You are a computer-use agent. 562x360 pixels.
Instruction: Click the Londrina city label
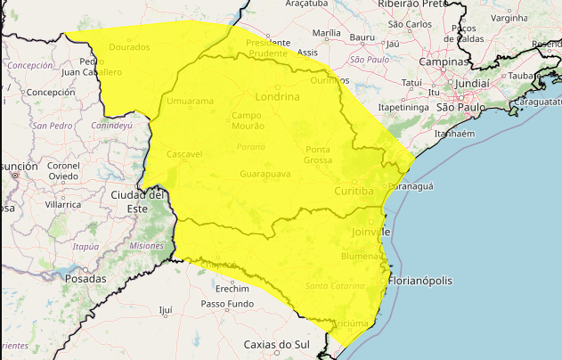tap(280, 96)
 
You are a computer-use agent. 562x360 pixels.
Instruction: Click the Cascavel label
tap(184, 154)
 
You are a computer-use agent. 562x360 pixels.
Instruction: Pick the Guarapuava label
tap(265, 174)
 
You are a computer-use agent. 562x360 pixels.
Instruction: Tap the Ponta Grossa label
tap(318, 154)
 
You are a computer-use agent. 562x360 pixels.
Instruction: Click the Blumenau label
tap(361, 256)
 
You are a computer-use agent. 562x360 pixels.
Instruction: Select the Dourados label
tap(129, 46)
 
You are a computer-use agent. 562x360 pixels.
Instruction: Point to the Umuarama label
tap(190, 101)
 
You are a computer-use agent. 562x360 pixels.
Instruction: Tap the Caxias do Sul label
tap(276, 344)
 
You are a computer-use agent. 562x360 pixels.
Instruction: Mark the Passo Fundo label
tap(227, 304)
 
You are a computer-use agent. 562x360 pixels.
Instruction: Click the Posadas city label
tap(86, 279)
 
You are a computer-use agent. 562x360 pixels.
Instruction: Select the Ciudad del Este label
tap(138, 200)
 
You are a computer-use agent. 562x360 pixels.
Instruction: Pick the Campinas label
tap(445, 62)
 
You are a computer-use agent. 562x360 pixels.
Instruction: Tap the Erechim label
tap(232, 289)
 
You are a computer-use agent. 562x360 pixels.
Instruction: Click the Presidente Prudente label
tap(269, 47)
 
